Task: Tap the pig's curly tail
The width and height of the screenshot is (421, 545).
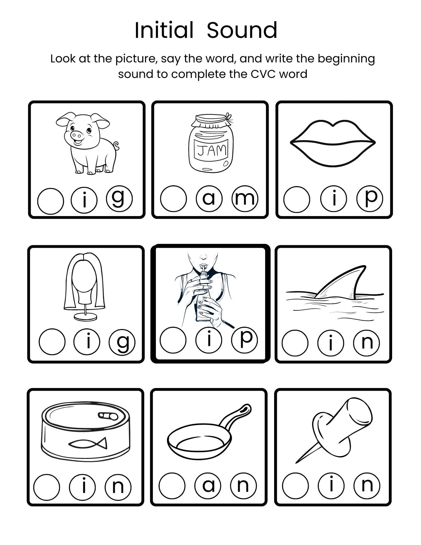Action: [x=116, y=146]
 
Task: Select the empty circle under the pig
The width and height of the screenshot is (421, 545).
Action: [x=50, y=201]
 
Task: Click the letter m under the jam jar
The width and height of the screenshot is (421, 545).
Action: [x=244, y=199]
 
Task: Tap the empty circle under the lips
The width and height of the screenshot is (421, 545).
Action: [x=296, y=200]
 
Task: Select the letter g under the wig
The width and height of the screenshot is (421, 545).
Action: [x=122, y=342]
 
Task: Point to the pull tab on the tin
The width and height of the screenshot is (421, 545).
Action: [x=108, y=416]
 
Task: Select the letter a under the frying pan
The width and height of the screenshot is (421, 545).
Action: [x=208, y=485]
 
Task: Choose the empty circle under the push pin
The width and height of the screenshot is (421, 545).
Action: [x=295, y=486]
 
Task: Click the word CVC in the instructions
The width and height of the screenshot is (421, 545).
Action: [x=264, y=74]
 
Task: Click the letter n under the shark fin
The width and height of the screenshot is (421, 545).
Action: [x=367, y=343]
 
